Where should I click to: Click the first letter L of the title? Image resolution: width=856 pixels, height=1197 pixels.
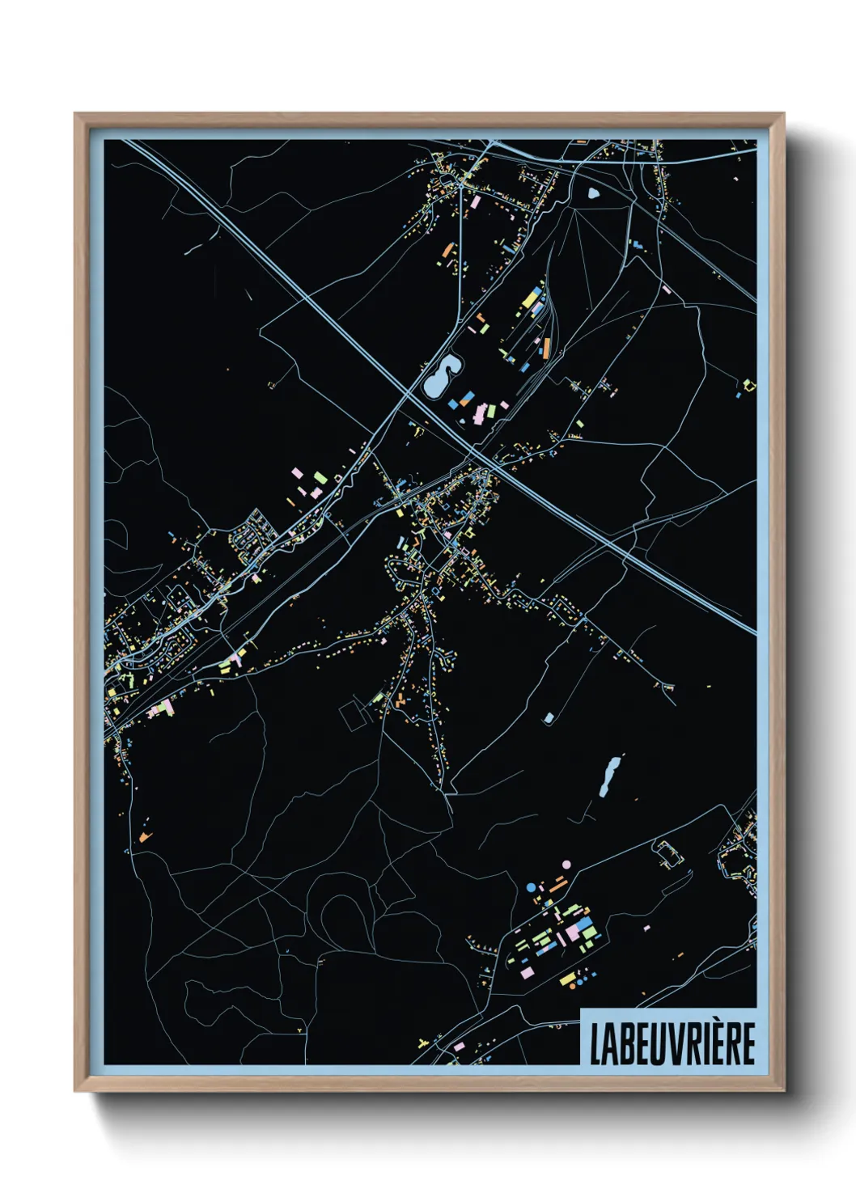tap(595, 1044)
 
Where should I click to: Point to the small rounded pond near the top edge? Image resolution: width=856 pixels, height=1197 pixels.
tap(594, 193)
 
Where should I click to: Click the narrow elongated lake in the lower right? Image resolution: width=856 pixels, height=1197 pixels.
tap(609, 776)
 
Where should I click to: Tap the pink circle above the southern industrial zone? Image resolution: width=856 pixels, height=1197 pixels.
tap(566, 865)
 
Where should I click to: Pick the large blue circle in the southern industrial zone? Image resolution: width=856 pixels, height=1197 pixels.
tap(531, 887)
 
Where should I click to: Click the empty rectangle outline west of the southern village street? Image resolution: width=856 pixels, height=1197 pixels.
tap(352, 715)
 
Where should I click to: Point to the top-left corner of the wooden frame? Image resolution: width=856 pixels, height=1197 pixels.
tap(76, 115)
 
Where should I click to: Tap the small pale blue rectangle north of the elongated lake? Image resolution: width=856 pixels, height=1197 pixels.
tap(549, 718)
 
